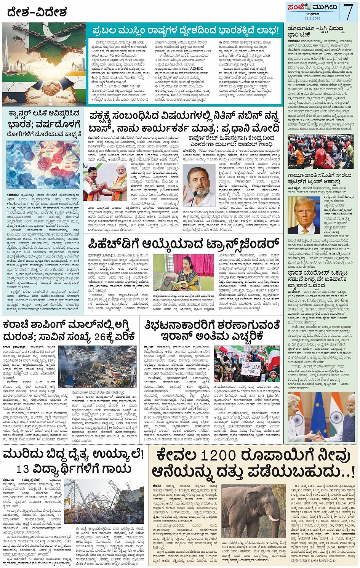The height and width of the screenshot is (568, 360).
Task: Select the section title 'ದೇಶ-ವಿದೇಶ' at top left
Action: tap(37, 13)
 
